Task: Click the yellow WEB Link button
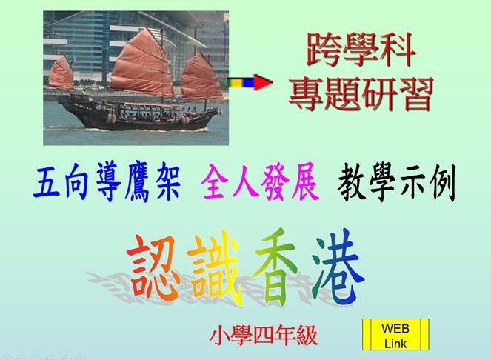click(x=395, y=335)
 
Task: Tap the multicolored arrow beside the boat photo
click(x=250, y=83)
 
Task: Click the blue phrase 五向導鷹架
click(x=107, y=181)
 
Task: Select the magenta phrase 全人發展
click(x=260, y=181)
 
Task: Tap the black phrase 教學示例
click(x=396, y=183)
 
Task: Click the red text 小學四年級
click(x=264, y=336)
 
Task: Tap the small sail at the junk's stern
click(x=61, y=73)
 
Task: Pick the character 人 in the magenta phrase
click(x=246, y=182)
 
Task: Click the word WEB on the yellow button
click(x=395, y=329)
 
